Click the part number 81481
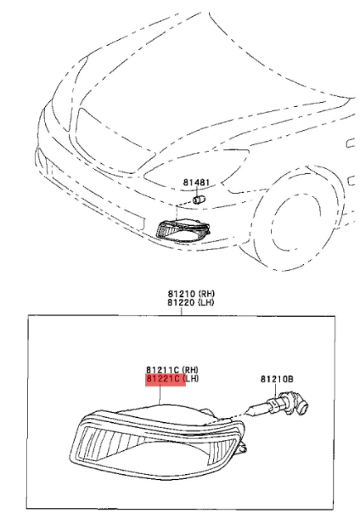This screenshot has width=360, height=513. [x=196, y=182]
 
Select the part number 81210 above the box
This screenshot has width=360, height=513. [x=182, y=294]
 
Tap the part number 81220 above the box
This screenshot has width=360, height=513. [x=182, y=302]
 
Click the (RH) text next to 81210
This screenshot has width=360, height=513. [x=206, y=294]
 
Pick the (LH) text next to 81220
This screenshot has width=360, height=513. [x=206, y=302]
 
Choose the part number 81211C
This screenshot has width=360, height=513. [x=162, y=369]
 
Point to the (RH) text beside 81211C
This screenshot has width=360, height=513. [x=190, y=369]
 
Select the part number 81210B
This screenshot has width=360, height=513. [x=277, y=379]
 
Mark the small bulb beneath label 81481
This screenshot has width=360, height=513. [x=199, y=199]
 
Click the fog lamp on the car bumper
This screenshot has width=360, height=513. [x=183, y=231]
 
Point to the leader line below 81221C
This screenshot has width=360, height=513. [x=160, y=395]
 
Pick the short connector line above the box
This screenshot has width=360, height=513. [x=182, y=311]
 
